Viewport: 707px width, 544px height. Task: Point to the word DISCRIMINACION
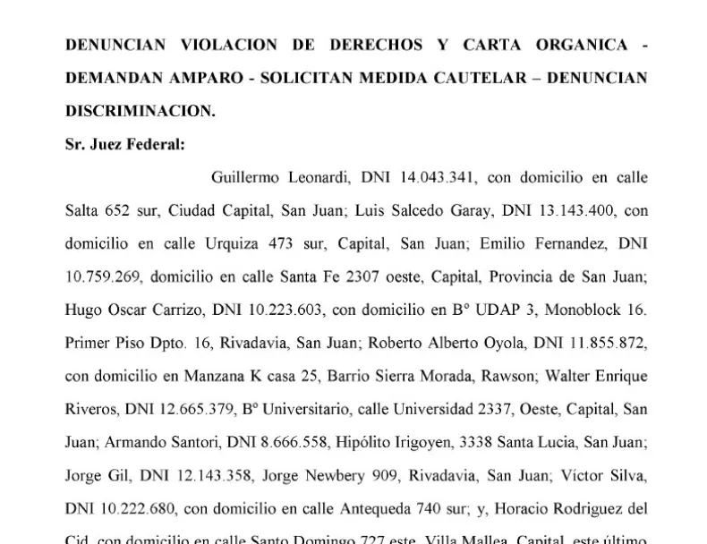(141, 112)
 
